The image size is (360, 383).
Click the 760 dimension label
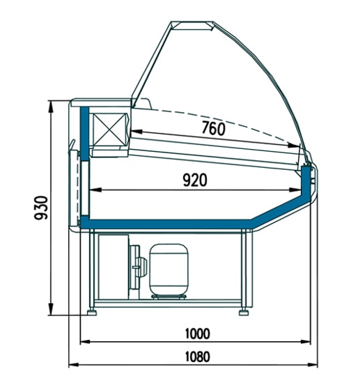tap(213, 128)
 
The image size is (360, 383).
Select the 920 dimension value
tap(195, 180)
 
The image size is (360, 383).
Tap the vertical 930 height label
tap(41, 208)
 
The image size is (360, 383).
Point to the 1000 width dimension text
tap(198, 334)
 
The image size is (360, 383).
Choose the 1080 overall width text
tap(198, 357)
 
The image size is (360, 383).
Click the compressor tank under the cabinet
tap(169, 270)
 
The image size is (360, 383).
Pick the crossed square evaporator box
tap(109, 130)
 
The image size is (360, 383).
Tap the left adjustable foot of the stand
tap(92, 313)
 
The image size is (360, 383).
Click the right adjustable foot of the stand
tap(244, 313)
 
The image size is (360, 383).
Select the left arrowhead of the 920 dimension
tap(95, 189)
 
